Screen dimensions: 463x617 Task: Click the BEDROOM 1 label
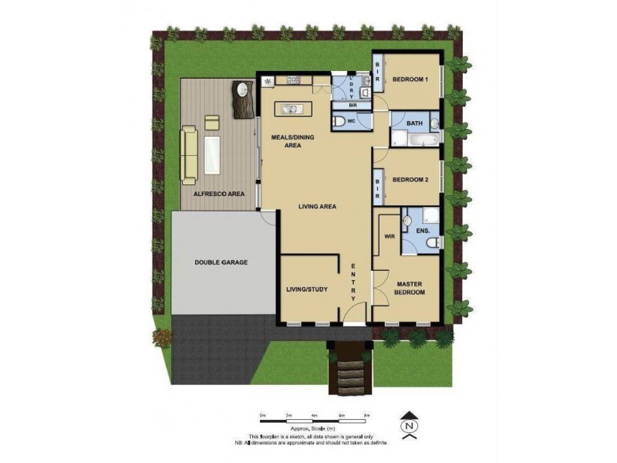(410, 79)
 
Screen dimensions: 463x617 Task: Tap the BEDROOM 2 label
(410, 180)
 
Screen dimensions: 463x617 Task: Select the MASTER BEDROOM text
(410, 287)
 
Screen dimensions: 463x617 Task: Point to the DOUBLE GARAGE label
(221, 263)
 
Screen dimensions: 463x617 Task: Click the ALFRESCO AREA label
(218, 194)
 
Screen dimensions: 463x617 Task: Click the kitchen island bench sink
(292, 109)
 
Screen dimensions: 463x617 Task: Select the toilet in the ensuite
(433, 243)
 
